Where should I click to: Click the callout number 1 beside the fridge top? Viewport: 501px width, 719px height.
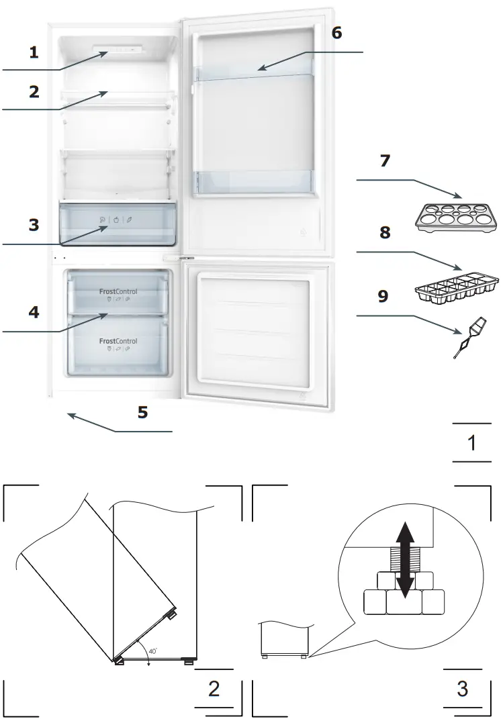pyautogui.click(x=33, y=52)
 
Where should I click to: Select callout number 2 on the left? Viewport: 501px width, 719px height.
pyautogui.click(x=34, y=91)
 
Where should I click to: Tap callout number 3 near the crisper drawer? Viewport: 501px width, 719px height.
pyautogui.click(x=34, y=225)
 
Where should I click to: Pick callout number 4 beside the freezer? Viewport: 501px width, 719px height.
pyautogui.click(x=33, y=312)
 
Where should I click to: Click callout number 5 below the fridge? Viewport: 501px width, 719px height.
pyautogui.click(x=142, y=412)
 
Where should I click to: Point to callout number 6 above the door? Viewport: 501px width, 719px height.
pyautogui.click(x=336, y=32)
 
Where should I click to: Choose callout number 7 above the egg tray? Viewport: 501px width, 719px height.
pyautogui.click(x=385, y=161)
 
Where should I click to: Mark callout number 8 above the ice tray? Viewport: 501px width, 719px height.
pyautogui.click(x=385, y=233)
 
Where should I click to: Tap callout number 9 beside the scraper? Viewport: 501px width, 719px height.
pyautogui.click(x=383, y=296)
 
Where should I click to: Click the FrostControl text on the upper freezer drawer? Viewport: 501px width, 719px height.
pyautogui.click(x=118, y=291)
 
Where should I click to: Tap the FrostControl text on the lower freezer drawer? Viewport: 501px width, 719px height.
pyautogui.click(x=118, y=341)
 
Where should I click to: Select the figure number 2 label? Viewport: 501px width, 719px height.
pyautogui.click(x=214, y=689)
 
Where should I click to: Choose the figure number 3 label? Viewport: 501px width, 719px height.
pyautogui.click(x=463, y=689)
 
